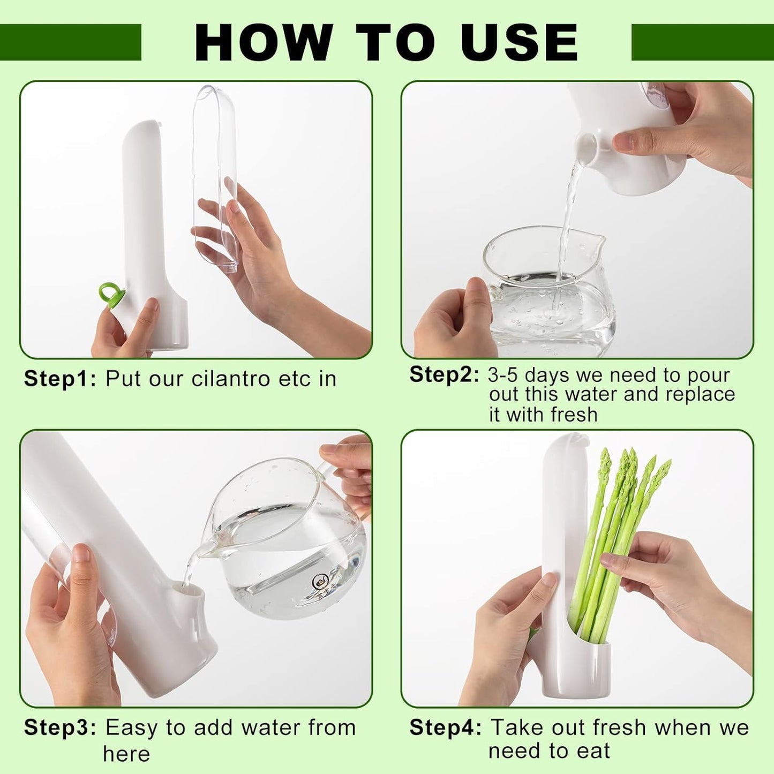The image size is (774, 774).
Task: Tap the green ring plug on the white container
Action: (x=111, y=294)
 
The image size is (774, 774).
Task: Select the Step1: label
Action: (x=60, y=379)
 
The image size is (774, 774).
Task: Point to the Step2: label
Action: (x=444, y=374)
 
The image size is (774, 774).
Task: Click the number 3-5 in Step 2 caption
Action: (x=502, y=375)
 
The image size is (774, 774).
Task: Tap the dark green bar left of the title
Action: (x=70, y=42)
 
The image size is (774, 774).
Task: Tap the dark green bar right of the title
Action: (x=702, y=42)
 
